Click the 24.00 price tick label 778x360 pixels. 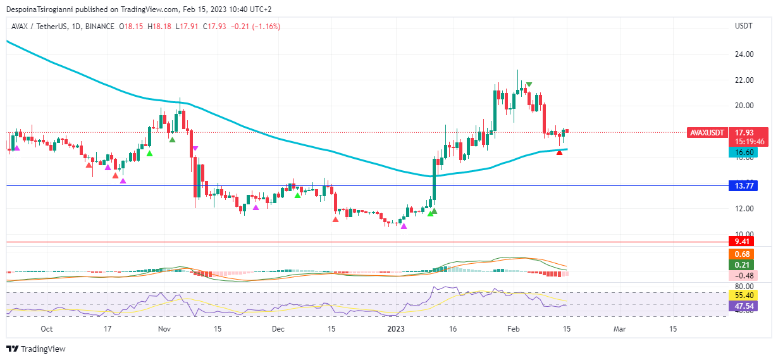pos(744,54)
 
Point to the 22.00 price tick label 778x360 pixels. pos(744,80)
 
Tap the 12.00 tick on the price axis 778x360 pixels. pos(744,209)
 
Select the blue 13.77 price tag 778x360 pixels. pos(743,185)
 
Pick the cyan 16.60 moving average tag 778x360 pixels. pos(743,152)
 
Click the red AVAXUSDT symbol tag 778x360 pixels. pos(706,133)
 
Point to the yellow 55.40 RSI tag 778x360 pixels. pos(743,295)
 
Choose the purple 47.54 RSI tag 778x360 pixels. pos(743,306)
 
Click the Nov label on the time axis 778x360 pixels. pos(164,329)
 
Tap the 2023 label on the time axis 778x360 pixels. pos(395,329)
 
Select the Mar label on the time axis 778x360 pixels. pos(620,329)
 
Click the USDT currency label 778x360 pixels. pos(743,26)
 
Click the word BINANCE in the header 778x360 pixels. pos(99,27)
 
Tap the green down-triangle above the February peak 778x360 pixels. pos(529,84)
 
